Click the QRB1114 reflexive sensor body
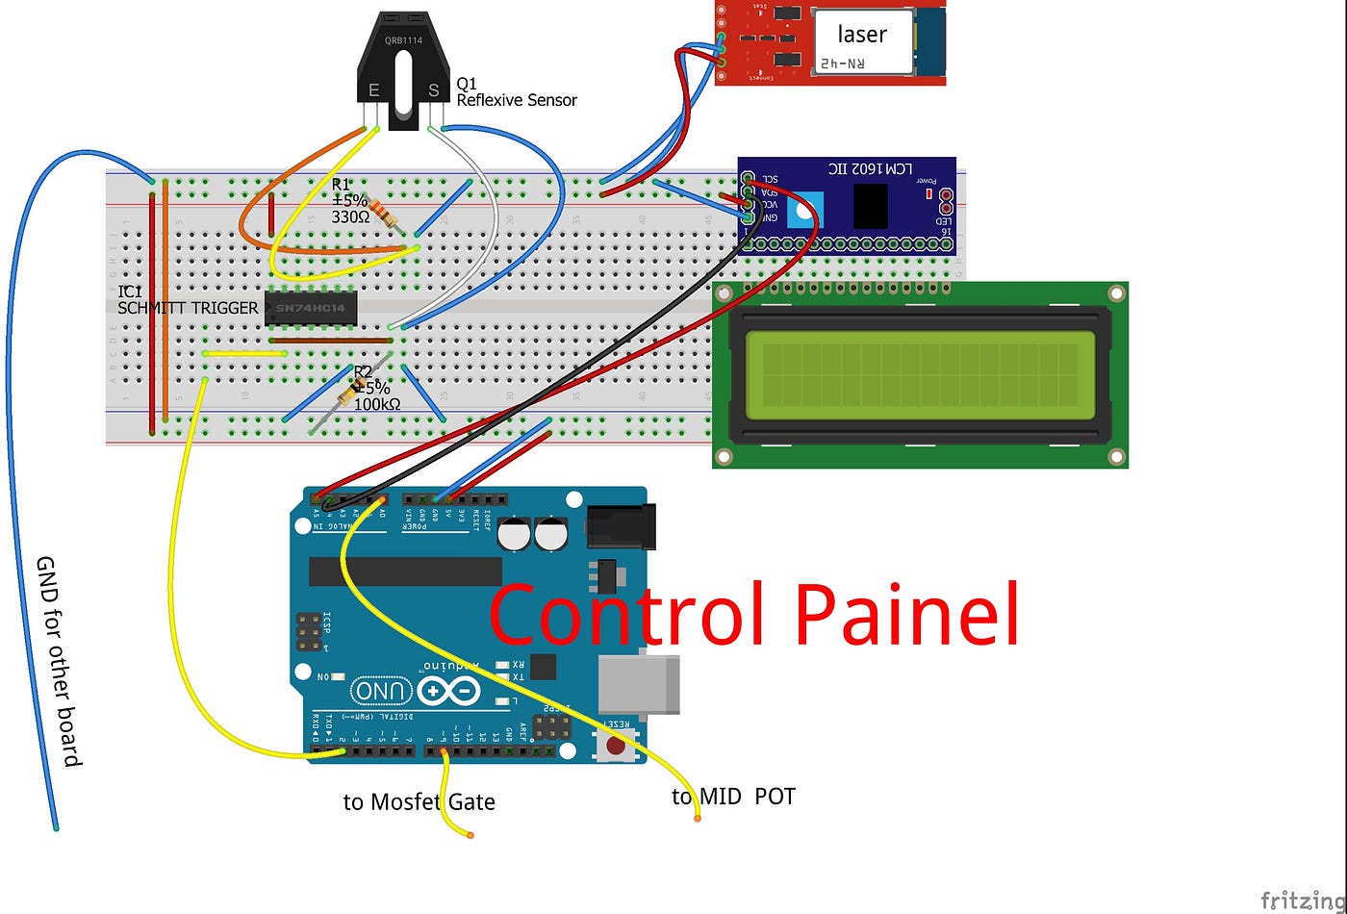404,67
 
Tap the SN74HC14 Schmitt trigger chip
311,308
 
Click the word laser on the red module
861,35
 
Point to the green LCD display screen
919,375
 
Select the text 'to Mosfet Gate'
419,801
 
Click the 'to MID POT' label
733,797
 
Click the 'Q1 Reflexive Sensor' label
516,92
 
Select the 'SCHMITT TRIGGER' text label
188,308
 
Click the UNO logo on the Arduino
382,690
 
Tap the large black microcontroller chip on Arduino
404,571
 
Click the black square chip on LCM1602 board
870,206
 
